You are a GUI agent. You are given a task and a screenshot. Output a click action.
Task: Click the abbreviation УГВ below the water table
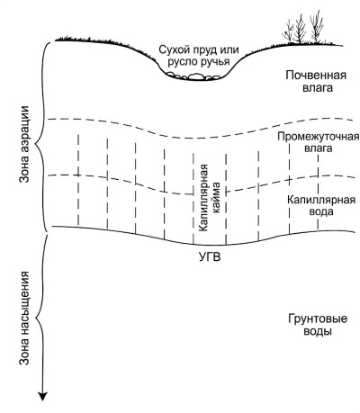[x=210, y=257]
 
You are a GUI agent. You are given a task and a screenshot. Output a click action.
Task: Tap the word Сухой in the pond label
[x=171, y=50]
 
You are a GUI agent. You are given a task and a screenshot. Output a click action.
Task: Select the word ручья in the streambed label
[x=215, y=62]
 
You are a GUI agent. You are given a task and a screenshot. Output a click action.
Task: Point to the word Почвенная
[x=316, y=75]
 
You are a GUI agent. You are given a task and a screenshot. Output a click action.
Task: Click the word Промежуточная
[x=318, y=137]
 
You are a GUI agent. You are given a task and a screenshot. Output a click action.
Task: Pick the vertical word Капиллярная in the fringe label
[x=203, y=198]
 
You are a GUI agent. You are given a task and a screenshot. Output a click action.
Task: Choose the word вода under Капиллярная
[x=321, y=211]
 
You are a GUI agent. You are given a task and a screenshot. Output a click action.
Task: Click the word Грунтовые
[x=318, y=319]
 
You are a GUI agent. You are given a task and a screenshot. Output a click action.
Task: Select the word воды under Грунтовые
[x=318, y=332]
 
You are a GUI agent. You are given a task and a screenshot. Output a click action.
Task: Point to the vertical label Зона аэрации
[x=24, y=144]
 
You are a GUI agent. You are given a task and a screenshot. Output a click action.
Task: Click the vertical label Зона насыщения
[x=24, y=318]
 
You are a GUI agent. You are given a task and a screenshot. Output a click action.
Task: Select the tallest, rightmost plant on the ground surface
[x=317, y=27]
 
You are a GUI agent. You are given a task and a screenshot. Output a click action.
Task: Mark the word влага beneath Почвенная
[x=318, y=88]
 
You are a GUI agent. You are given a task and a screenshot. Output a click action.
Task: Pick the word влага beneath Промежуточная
[x=319, y=148]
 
